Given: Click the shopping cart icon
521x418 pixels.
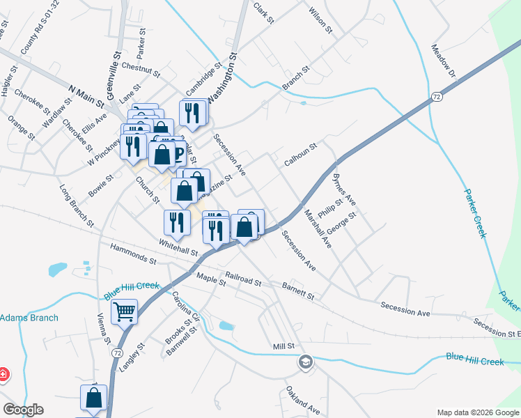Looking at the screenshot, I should [x=124, y=311].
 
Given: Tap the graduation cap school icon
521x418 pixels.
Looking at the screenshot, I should [x=304, y=362].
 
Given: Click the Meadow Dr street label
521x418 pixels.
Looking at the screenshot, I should [x=443, y=62].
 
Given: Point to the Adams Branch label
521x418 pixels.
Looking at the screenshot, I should [x=29, y=318].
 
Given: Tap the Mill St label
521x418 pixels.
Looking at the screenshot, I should [x=284, y=346].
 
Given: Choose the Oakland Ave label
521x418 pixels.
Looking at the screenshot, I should [x=302, y=401].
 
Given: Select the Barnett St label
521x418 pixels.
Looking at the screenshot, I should [x=298, y=291].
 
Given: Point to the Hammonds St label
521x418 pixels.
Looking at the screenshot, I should [x=133, y=254].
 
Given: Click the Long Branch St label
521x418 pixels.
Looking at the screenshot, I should [x=77, y=206].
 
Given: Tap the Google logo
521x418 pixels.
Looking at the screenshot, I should [x=23, y=410].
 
